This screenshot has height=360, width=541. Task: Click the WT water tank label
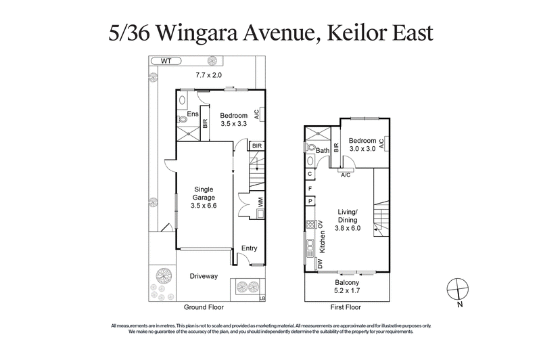[166, 61]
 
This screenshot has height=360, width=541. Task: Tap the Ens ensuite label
[193, 114]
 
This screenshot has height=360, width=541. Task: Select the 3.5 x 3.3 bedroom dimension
[233, 124]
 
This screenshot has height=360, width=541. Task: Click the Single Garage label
[204, 193]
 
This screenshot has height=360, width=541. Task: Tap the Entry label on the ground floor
[250, 248]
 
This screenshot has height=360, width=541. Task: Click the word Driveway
[203, 276]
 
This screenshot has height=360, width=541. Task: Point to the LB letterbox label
[262, 298]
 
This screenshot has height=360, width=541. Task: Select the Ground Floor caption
[203, 307]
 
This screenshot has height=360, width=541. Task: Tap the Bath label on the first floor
[323, 150]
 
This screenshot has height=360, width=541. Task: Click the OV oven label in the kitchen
[322, 225]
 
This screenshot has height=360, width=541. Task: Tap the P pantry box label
[310, 200]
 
